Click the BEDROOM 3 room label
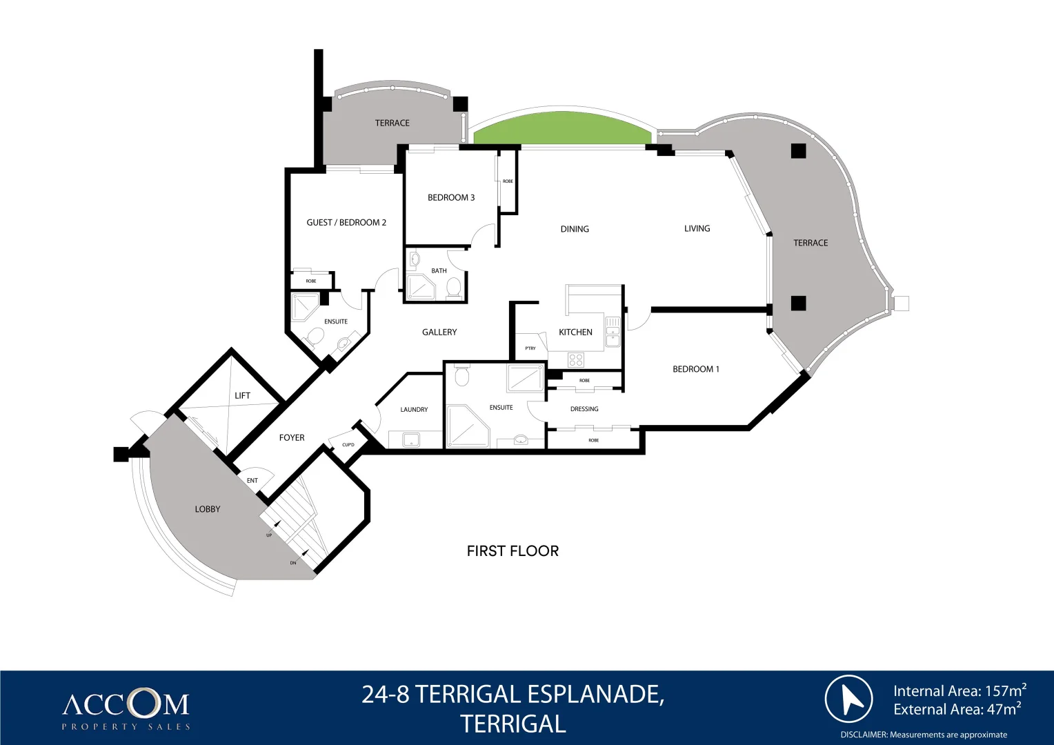click(x=451, y=197)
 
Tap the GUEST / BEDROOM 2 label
click(x=346, y=222)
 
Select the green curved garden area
click(x=562, y=130)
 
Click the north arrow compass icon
click(x=848, y=699)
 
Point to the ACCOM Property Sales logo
click(x=126, y=711)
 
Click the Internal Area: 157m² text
click(x=959, y=691)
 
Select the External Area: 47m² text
click(x=957, y=709)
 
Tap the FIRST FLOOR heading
click(x=513, y=550)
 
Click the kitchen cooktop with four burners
click(x=576, y=359)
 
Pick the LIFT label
click(x=242, y=395)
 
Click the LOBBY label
click(x=207, y=509)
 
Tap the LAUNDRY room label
click(x=414, y=410)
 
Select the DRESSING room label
click(x=584, y=409)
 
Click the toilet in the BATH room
click(x=454, y=287)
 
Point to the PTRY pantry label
click(x=530, y=348)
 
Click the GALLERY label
click(x=439, y=332)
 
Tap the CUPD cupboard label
click(x=348, y=445)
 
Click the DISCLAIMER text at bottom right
click(x=924, y=735)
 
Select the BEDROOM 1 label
click(x=695, y=369)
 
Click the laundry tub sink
click(x=411, y=439)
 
